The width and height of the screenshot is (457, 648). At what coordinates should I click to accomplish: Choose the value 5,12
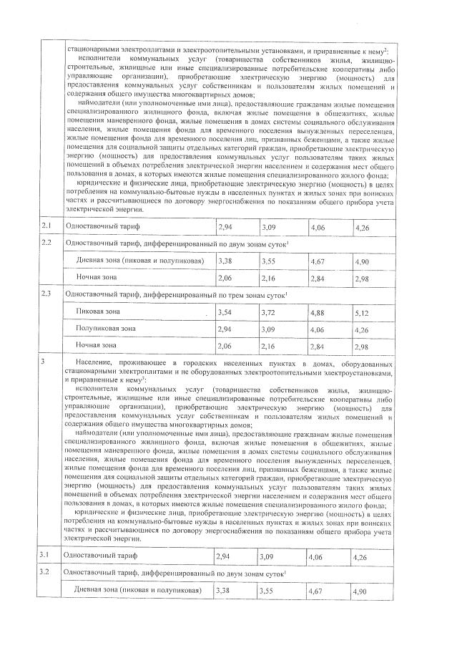click(362, 314)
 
